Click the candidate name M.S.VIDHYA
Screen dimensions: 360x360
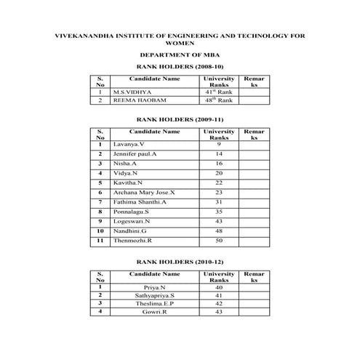(130, 92)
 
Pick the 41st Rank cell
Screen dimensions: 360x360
(219, 92)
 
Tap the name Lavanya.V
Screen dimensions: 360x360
(128, 145)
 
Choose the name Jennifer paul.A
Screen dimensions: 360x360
(135, 155)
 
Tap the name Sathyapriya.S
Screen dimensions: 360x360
(154, 296)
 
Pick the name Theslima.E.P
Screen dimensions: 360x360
(154, 303)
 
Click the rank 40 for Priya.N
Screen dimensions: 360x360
(219, 288)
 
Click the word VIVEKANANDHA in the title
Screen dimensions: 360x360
(85, 35)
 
